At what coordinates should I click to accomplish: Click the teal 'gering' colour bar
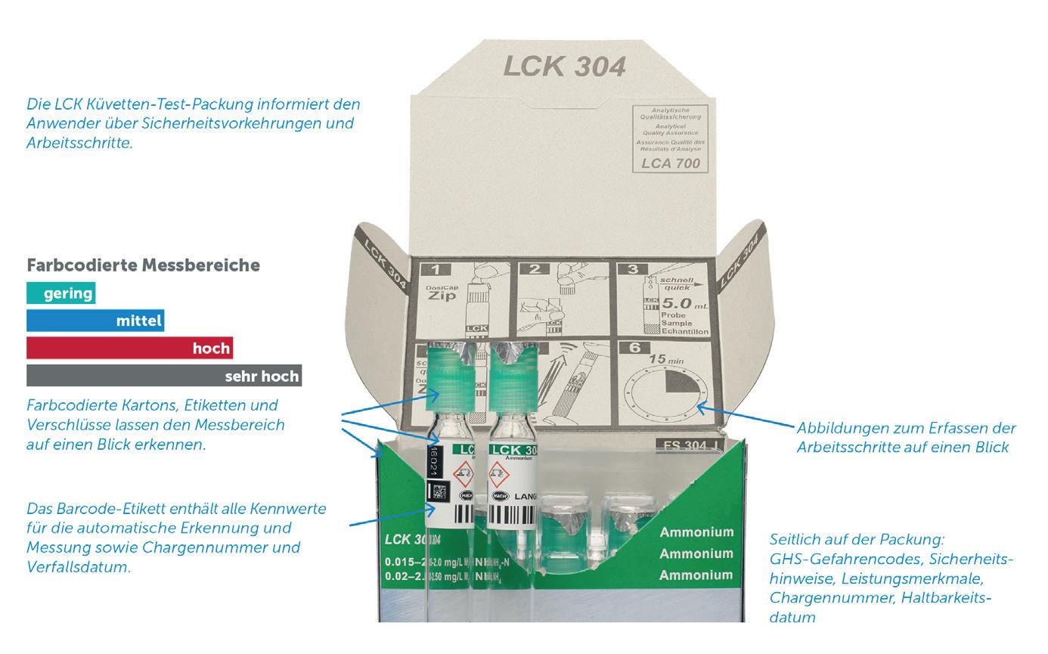(x=60, y=293)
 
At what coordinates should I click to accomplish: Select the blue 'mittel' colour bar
(x=95, y=321)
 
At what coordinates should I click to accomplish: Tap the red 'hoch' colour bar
(x=129, y=349)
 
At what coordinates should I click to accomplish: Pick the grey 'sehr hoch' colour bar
(x=164, y=376)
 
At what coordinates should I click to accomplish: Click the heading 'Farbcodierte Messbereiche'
(x=143, y=265)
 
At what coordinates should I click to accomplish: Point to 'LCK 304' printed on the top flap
(x=564, y=67)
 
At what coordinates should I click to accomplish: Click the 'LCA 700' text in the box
(x=670, y=163)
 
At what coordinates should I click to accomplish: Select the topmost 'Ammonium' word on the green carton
(x=696, y=532)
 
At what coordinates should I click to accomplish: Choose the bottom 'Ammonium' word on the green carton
(x=696, y=575)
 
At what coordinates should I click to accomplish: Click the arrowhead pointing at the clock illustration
(x=700, y=408)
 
